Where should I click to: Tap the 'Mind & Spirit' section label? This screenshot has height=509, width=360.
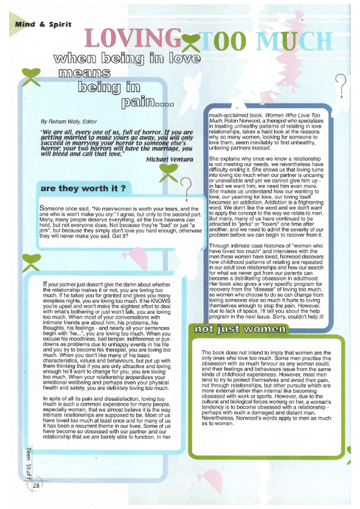pyautogui.click(x=48, y=25)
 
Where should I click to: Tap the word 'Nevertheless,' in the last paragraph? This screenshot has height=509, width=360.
pyautogui.click(x=220, y=400)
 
